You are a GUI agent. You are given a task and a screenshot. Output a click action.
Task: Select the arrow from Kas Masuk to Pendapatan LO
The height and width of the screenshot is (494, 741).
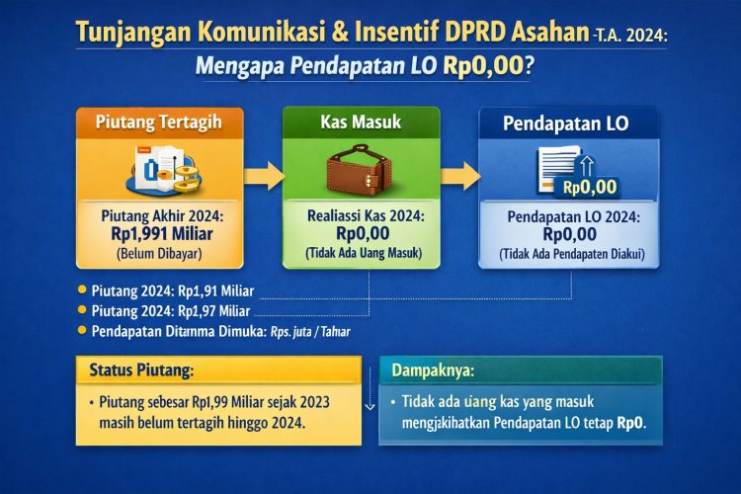(x=459, y=178)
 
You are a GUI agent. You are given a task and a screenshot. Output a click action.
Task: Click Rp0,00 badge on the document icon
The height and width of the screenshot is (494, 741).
(x=589, y=186)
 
